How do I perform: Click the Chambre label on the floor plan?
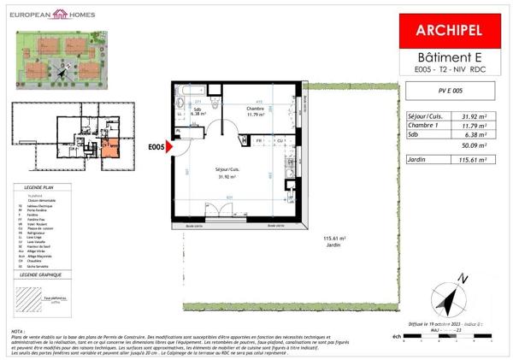coord(256,109)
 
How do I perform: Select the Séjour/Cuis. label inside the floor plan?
coord(227,173)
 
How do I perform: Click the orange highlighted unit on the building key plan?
coord(112,147)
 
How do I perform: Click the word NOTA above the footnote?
coord(19,331)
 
